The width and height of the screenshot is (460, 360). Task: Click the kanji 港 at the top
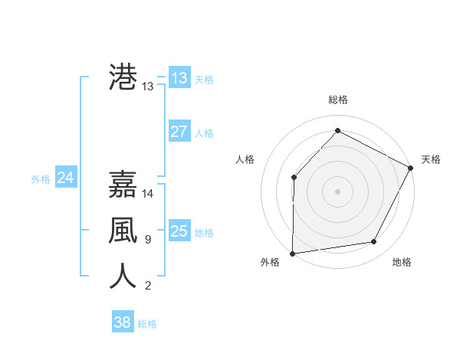click(123, 78)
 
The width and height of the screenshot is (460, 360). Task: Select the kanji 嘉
click(123, 185)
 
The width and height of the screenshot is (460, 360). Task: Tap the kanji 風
click(123, 231)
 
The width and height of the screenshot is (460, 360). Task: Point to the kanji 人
click(123, 277)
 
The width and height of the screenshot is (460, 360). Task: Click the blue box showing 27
click(179, 132)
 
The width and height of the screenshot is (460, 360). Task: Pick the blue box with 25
click(179, 231)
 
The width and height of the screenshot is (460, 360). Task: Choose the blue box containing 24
click(66, 178)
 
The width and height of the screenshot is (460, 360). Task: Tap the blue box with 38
click(122, 322)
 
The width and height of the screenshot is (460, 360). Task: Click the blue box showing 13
click(179, 78)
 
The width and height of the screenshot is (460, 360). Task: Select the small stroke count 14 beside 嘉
click(148, 194)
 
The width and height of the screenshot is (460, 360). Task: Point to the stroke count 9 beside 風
click(147, 240)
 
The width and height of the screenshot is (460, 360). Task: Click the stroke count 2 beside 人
click(147, 286)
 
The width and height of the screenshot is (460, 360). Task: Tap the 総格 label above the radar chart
click(337, 100)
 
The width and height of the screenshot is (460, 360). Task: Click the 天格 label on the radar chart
click(431, 159)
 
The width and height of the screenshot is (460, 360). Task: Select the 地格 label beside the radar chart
click(402, 262)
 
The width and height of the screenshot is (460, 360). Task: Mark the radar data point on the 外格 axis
click(292, 253)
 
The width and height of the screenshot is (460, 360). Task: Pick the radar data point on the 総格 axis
click(337, 130)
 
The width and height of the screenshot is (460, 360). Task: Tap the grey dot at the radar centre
click(337, 191)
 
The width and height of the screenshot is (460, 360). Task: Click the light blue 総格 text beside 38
click(147, 323)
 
